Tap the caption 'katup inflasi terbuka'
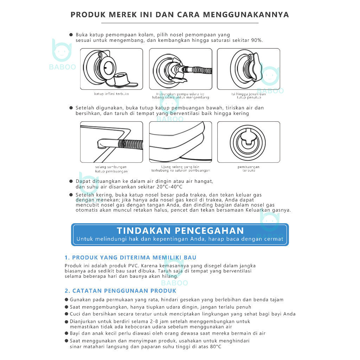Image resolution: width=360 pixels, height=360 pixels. pyautogui.click(x=111, y=94)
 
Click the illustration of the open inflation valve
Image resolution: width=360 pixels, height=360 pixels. pyautogui.click(x=111, y=69)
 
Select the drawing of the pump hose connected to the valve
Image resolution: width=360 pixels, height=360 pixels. pyautogui.click(x=180, y=69)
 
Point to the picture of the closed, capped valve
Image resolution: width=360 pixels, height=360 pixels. pyautogui.click(x=249, y=69)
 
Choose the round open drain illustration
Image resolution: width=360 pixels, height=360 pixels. pyautogui.click(x=249, y=142)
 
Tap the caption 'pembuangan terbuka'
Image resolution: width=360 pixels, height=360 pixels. pyautogui.click(x=249, y=169)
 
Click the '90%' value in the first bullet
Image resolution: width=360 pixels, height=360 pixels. pyautogui.click(x=257, y=40)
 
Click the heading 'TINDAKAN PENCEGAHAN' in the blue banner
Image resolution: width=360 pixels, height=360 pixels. pyautogui.click(x=180, y=231)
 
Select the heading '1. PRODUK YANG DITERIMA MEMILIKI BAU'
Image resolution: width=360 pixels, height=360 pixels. pyautogui.click(x=130, y=258)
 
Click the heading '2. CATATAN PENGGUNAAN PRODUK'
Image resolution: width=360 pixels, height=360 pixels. pyautogui.click(x=121, y=291)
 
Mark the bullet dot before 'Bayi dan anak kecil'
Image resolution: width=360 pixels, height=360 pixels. pyautogui.click(x=66, y=333)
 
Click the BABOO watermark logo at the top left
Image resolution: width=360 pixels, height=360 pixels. pyautogui.click(x=62, y=54)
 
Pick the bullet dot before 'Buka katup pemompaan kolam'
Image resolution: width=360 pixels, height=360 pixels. pyautogui.click(x=71, y=35)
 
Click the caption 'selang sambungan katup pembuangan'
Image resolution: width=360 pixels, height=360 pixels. pyautogui.click(x=111, y=169)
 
